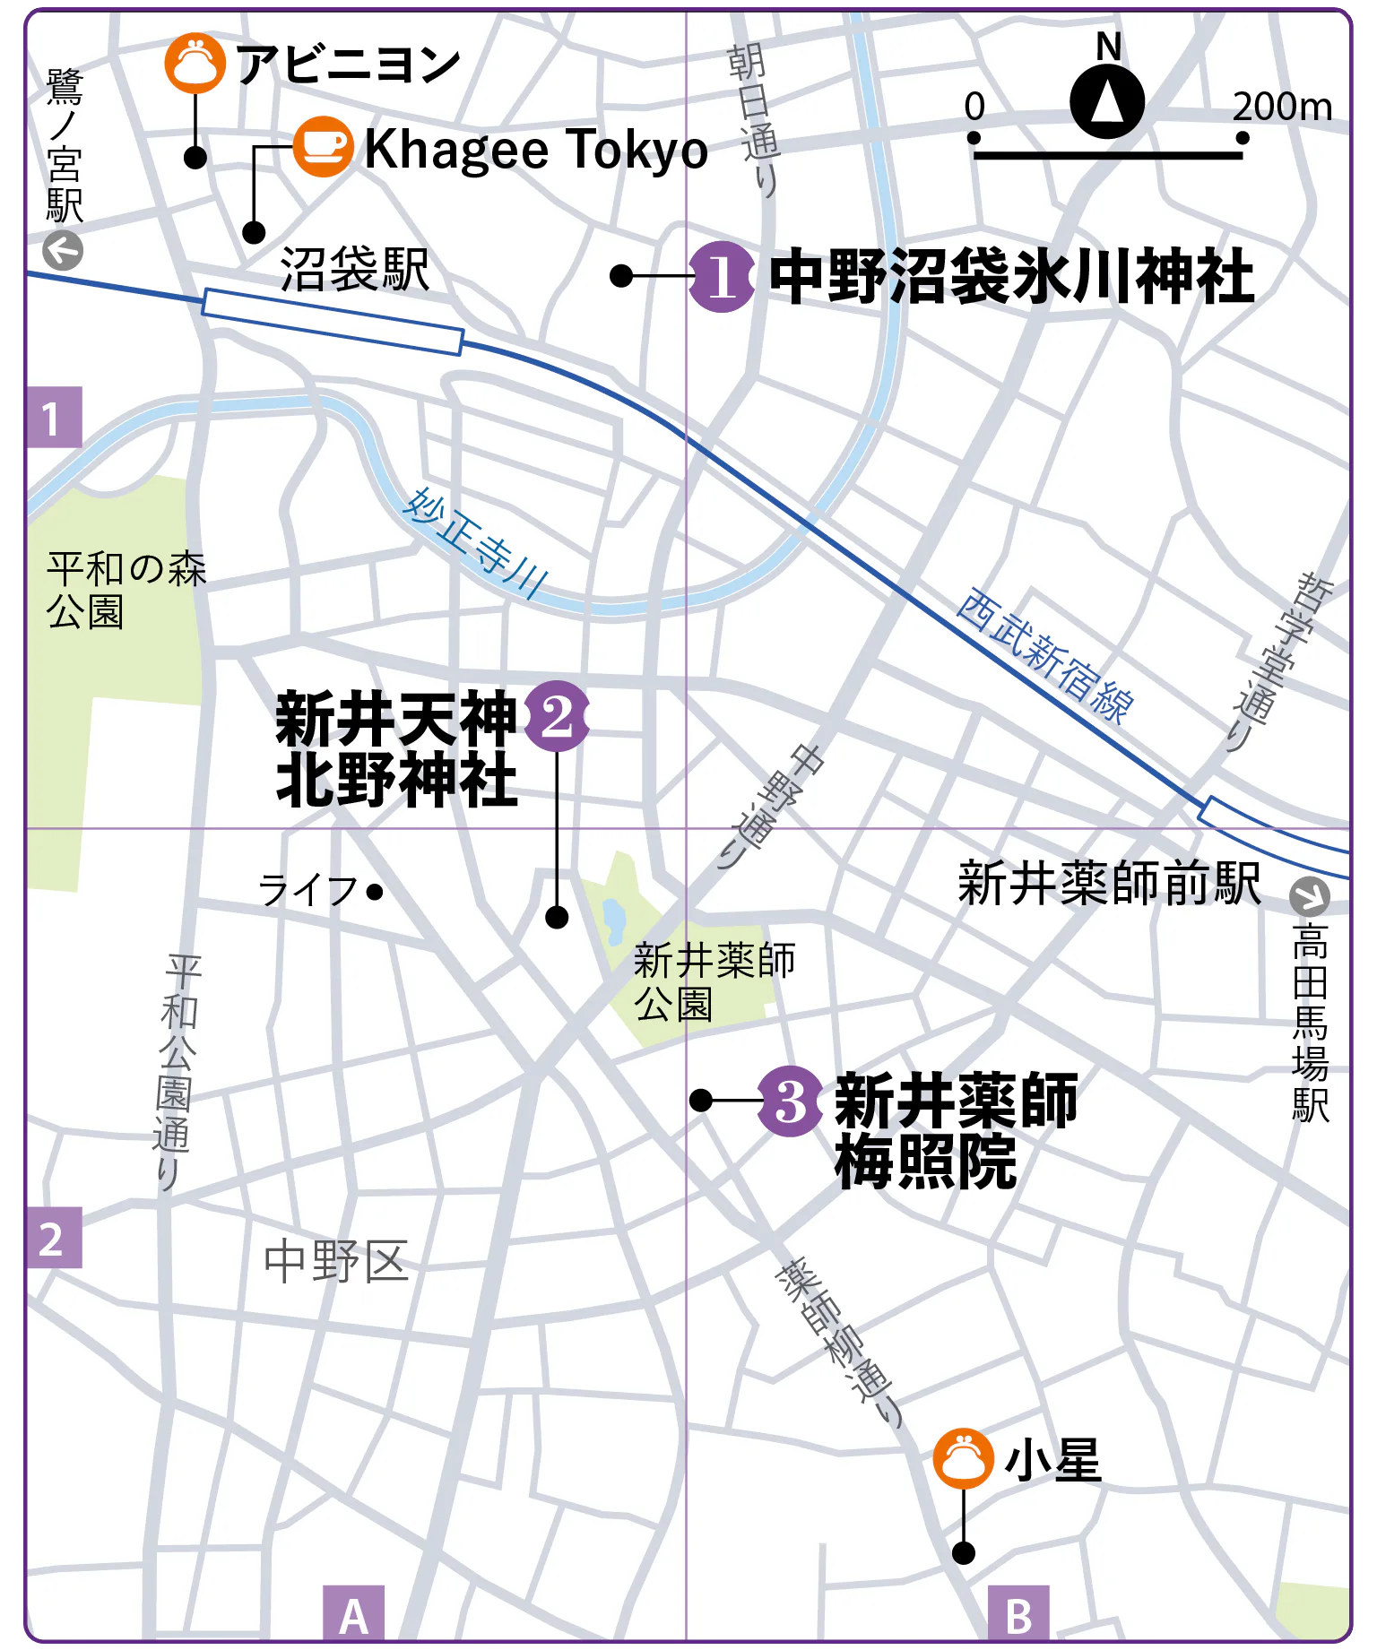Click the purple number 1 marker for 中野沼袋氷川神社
click(x=722, y=277)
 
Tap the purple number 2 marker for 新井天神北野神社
click(x=557, y=716)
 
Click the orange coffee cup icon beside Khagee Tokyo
click(x=323, y=147)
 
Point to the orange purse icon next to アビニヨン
click(x=195, y=63)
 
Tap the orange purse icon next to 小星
click(x=963, y=1458)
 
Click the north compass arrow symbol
click(x=1107, y=101)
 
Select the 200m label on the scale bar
click(x=1282, y=107)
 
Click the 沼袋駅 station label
click(x=355, y=269)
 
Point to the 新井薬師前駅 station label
click(x=1109, y=883)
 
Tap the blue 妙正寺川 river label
click(x=475, y=543)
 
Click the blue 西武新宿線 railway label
click(x=1044, y=655)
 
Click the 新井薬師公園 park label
click(x=714, y=982)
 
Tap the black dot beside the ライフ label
click(x=376, y=892)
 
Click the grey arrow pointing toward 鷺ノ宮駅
click(x=64, y=251)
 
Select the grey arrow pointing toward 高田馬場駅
click(x=1309, y=895)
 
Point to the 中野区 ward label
click(x=336, y=1262)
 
